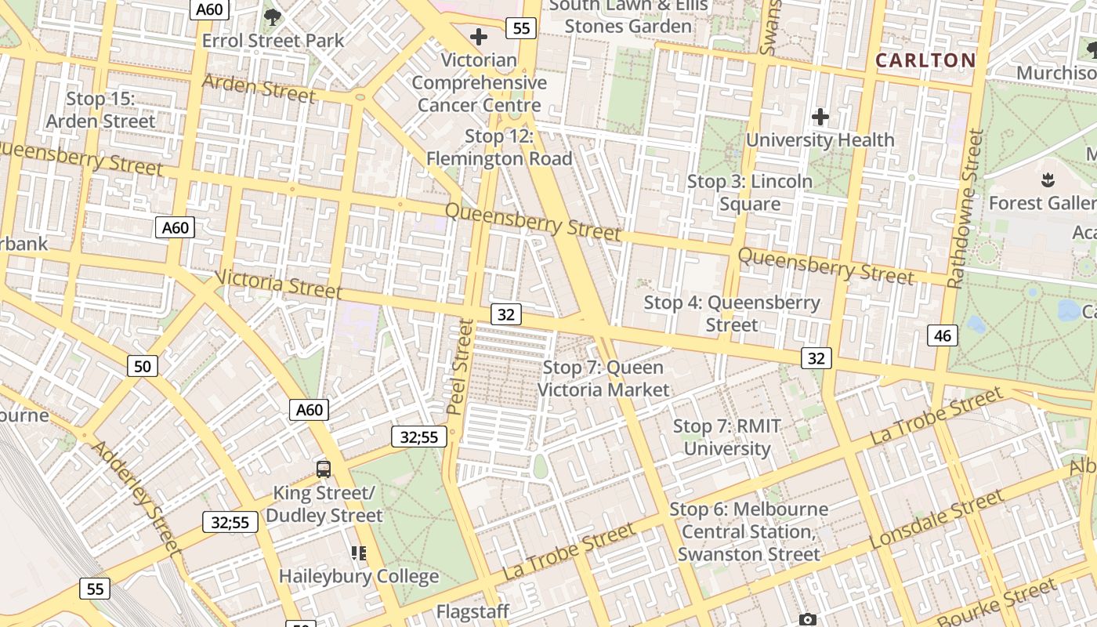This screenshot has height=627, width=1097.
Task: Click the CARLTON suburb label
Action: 925,60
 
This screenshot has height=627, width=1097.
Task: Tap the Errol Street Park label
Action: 273,40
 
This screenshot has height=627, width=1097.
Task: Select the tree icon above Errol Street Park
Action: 273,16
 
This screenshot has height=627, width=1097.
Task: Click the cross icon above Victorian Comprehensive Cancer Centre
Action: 478,36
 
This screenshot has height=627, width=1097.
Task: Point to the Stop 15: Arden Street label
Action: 100,110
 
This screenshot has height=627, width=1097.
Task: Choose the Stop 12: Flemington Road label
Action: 499,147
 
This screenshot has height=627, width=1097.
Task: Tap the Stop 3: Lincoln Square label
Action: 750,193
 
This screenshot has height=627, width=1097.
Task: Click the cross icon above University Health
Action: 820,118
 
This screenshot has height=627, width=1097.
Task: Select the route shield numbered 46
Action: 942,335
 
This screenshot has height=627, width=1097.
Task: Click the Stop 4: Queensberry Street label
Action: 732,313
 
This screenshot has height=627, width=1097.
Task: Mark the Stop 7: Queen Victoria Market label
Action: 603,379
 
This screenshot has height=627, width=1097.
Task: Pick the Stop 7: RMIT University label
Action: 726,437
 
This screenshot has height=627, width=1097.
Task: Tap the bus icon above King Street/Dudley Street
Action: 324,469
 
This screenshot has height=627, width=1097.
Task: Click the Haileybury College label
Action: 359,576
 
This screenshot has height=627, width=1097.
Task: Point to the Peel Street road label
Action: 462,367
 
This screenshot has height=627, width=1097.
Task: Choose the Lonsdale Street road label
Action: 936,520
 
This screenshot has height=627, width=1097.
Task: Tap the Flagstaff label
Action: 472,611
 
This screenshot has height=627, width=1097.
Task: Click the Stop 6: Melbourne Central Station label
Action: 748,531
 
